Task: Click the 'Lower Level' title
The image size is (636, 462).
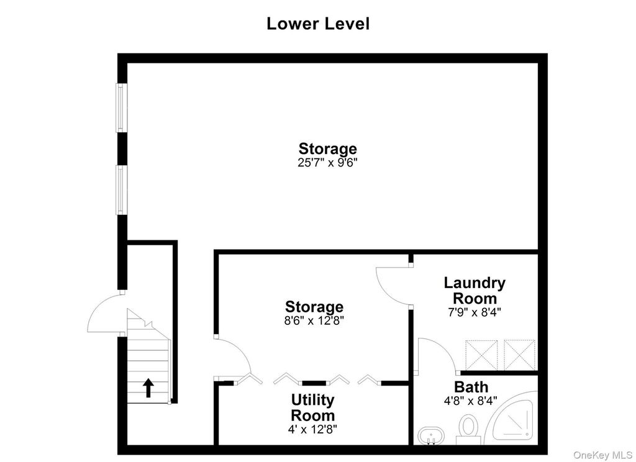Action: [318, 24]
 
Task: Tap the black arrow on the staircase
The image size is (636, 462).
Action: [148, 387]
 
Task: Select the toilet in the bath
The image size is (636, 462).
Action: [468, 429]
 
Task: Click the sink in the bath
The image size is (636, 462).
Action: [431, 436]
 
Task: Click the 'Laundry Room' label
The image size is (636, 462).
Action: [475, 290]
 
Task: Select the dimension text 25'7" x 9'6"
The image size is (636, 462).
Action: [327, 163]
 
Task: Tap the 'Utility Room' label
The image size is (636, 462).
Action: [313, 407]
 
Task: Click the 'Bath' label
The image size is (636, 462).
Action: [471, 387]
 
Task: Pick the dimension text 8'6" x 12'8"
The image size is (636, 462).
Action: [314, 321]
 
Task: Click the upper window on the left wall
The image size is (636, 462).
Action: [121, 107]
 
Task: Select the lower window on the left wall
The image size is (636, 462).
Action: [121, 189]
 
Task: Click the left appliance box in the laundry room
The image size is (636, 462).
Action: [481, 355]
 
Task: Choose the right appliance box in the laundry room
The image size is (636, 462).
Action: [520, 355]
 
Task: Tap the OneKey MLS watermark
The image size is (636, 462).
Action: [602, 455]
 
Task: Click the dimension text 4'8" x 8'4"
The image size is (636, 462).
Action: [471, 401]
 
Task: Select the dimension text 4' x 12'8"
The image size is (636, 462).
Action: [312, 428]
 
